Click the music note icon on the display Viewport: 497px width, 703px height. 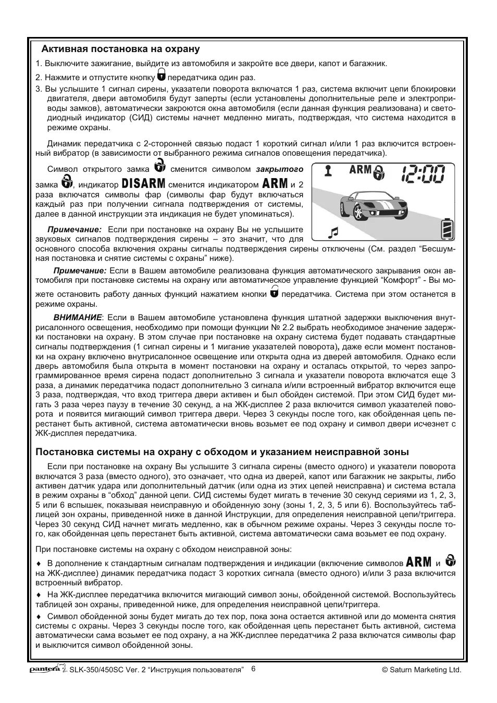(333, 232)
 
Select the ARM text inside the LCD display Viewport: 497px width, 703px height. (361, 170)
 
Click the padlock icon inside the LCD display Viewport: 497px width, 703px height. (381, 172)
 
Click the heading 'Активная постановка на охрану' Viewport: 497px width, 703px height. (121, 49)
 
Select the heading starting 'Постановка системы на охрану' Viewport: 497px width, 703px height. (222, 451)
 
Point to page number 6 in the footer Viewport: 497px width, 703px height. (253, 669)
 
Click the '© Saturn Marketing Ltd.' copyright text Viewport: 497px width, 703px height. (421, 670)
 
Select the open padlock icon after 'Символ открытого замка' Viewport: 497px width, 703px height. (160, 167)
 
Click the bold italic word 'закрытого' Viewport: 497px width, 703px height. (279, 169)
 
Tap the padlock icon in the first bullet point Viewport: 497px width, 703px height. (451, 560)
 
